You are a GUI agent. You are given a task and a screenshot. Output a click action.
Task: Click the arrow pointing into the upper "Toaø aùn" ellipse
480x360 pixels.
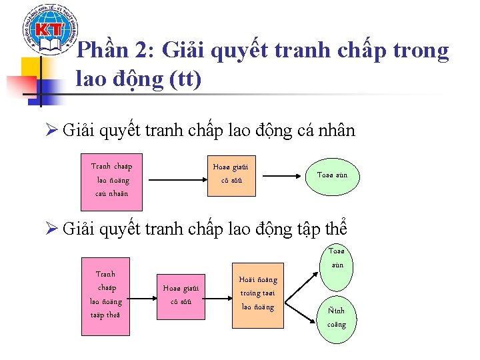[280, 176]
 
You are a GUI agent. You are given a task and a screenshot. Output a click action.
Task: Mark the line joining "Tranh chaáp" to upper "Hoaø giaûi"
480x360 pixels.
[175, 179]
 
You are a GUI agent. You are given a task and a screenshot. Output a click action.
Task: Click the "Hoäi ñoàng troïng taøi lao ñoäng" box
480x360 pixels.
[258, 293]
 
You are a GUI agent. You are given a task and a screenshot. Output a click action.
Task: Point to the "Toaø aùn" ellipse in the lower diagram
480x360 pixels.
[337, 257]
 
